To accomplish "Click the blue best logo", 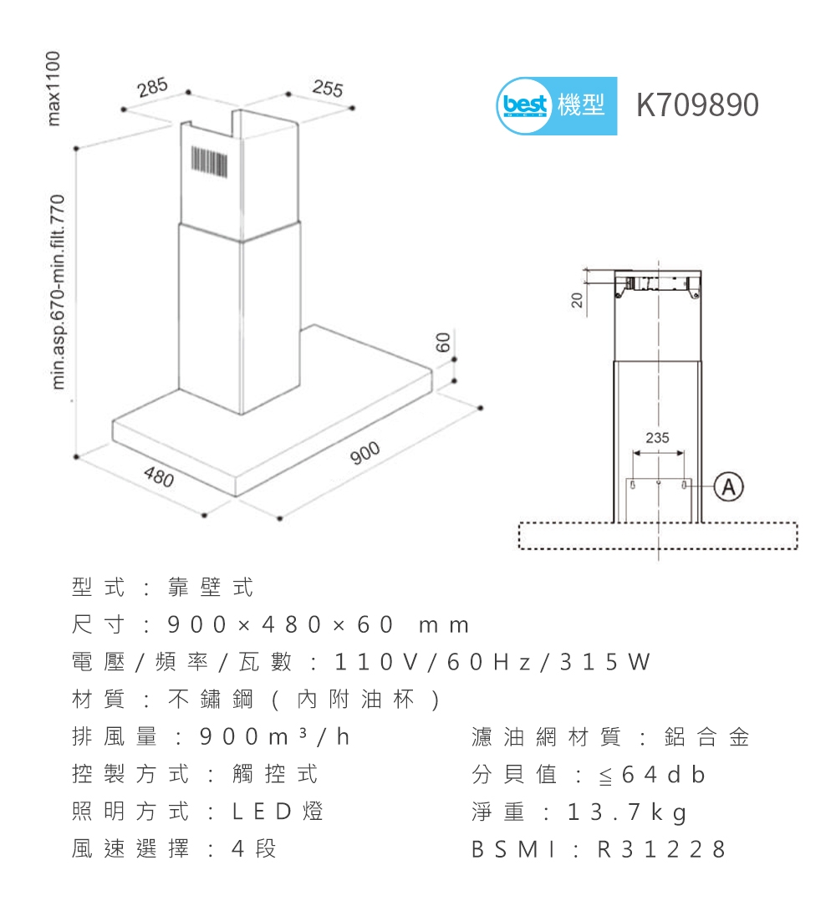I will pyautogui.click(x=523, y=106).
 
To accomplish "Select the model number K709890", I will pyautogui.click(x=697, y=105).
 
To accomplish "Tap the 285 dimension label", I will pyautogui.click(x=153, y=88).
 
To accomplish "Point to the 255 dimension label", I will pyautogui.click(x=327, y=88).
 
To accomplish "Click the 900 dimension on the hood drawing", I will pyautogui.click(x=364, y=453).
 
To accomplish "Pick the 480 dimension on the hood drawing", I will pyautogui.click(x=158, y=478).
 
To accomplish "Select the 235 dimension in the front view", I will pyautogui.click(x=658, y=437).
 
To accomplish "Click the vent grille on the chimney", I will pyautogui.click(x=209, y=160).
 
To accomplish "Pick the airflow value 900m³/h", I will pyautogui.click(x=274, y=738).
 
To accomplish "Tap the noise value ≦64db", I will pyautogui.click(x=651, y=776).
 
